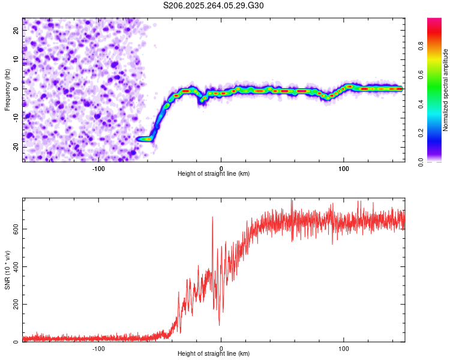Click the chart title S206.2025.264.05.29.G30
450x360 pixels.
pyautogui.click(x=214, y=5)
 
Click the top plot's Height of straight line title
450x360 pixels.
pyautogui.click(x=214, y=173)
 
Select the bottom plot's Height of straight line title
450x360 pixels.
pyautogui.click(x=214, y=353)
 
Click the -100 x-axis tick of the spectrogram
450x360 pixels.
pyautogui.click(x=99, y=167)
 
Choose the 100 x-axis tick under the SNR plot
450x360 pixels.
pyautogui.click(x=344, y=347)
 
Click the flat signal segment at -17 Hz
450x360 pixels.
pyautogui.click(x=145, y=139)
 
